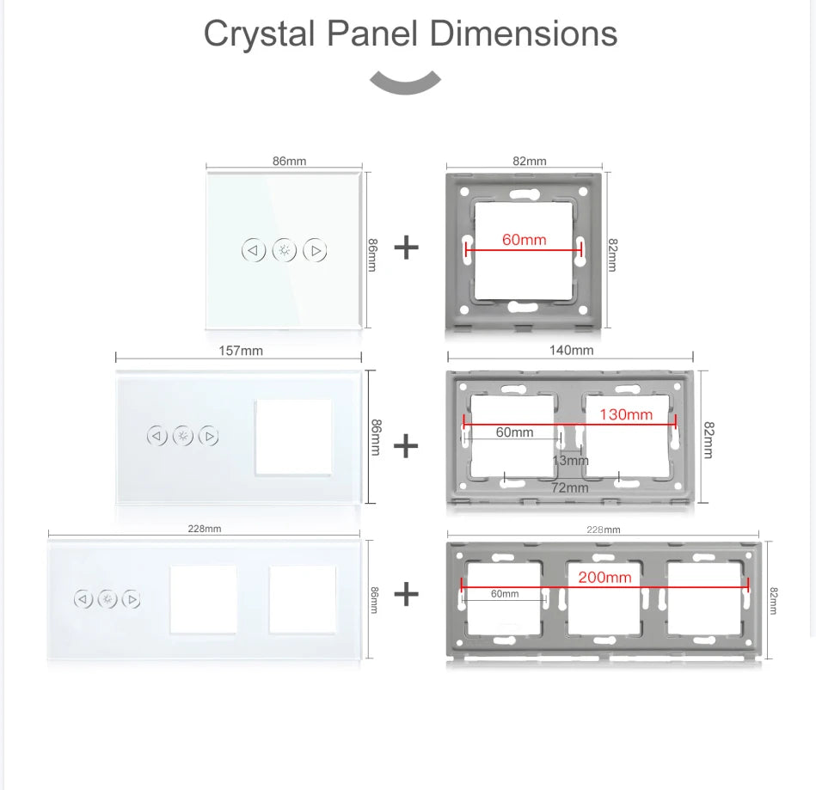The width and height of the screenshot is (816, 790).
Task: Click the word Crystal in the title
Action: (x=260, y=34)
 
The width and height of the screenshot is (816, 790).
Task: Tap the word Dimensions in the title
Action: (x=524, y=34)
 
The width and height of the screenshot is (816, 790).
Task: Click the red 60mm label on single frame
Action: (x=524, y=240)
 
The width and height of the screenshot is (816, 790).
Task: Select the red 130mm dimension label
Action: (x=625, y=414)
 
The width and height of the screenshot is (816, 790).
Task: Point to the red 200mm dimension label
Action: (x=604, y=577)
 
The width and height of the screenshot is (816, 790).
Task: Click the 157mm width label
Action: (x=241, y=351)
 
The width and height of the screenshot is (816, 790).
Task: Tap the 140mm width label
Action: (x=571, y=350)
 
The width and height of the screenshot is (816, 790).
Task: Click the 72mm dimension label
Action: (x=570, y=487)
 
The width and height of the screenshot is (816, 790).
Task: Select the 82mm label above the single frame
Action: (x=530, y=161)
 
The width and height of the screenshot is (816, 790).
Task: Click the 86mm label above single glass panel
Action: (x=289, y=161)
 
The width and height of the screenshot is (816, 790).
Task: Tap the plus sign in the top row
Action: (x=406, y=248)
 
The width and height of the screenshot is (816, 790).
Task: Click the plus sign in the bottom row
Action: (x=406, y=594)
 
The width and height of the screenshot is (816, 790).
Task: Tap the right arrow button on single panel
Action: (x=316, y=251)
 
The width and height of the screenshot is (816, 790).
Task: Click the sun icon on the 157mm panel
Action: (x=183, y=436)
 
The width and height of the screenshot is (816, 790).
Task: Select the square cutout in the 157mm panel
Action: (x=294, y=437)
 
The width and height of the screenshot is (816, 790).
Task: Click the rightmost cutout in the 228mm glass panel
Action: (x=303, y=598)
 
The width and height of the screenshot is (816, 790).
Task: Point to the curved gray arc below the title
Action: (x=405, y=83)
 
